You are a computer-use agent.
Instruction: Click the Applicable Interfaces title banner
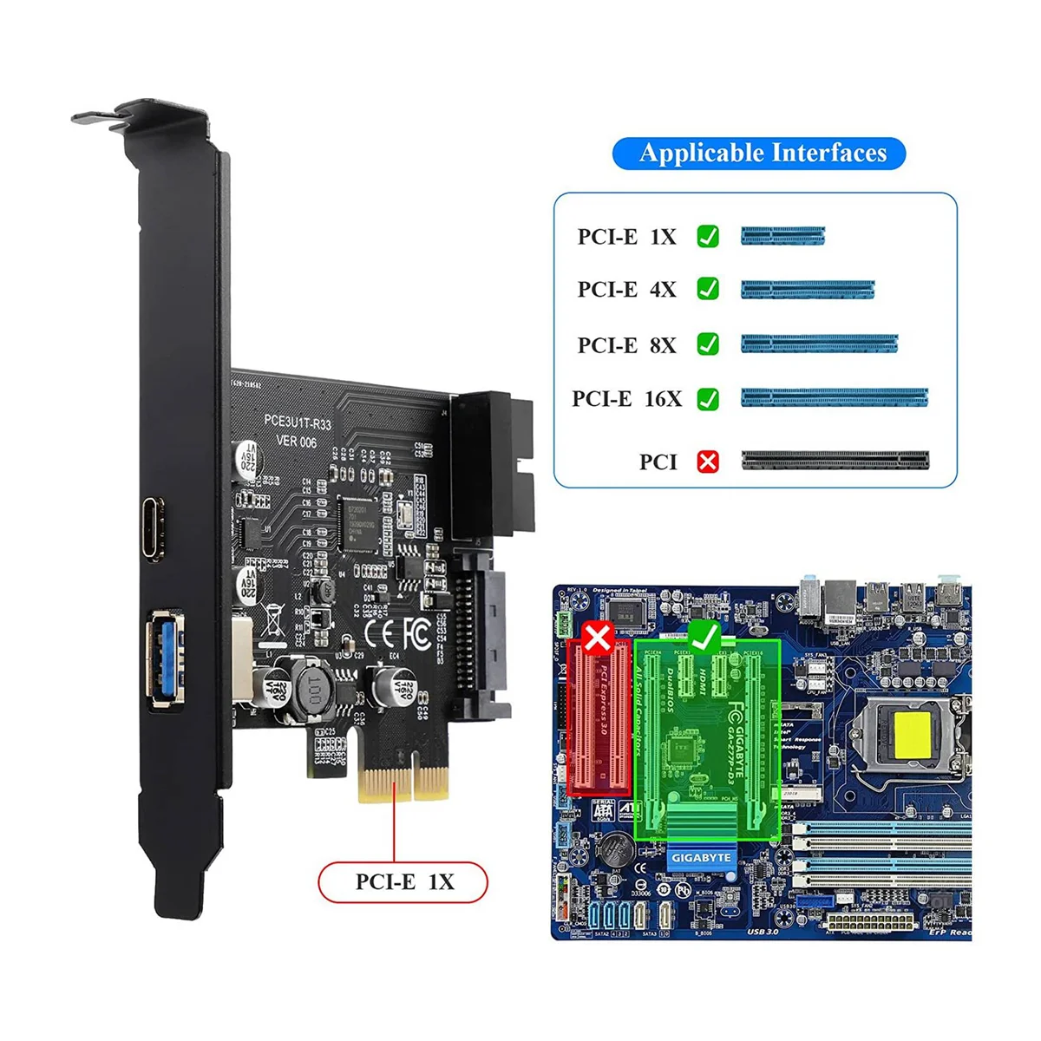click(x=759, y=154)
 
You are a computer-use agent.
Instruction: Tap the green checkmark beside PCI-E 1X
click(x=708, y=236)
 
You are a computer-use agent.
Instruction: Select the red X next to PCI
click(x=708, y=462)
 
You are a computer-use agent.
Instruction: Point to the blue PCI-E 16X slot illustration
click(x=834, y=398)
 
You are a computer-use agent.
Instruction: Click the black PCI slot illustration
click(x=834, y=460)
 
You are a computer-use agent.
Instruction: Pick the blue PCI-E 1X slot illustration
click(x=782, y=235)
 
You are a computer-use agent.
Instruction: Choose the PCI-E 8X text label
click(x=626, y=344)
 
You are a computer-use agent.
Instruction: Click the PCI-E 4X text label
click(x=626, y=289)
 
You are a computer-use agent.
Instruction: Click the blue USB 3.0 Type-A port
click(x=162, y=658)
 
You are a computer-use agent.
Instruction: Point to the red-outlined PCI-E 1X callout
click(x=404, y=881)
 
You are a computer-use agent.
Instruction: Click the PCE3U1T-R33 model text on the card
click(x=298, y=422)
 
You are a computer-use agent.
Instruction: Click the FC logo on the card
click(x=416, y=634)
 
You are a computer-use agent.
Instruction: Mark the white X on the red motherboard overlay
click(x=598, y=639)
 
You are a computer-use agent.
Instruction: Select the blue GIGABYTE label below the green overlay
click(x=701, y=858)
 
